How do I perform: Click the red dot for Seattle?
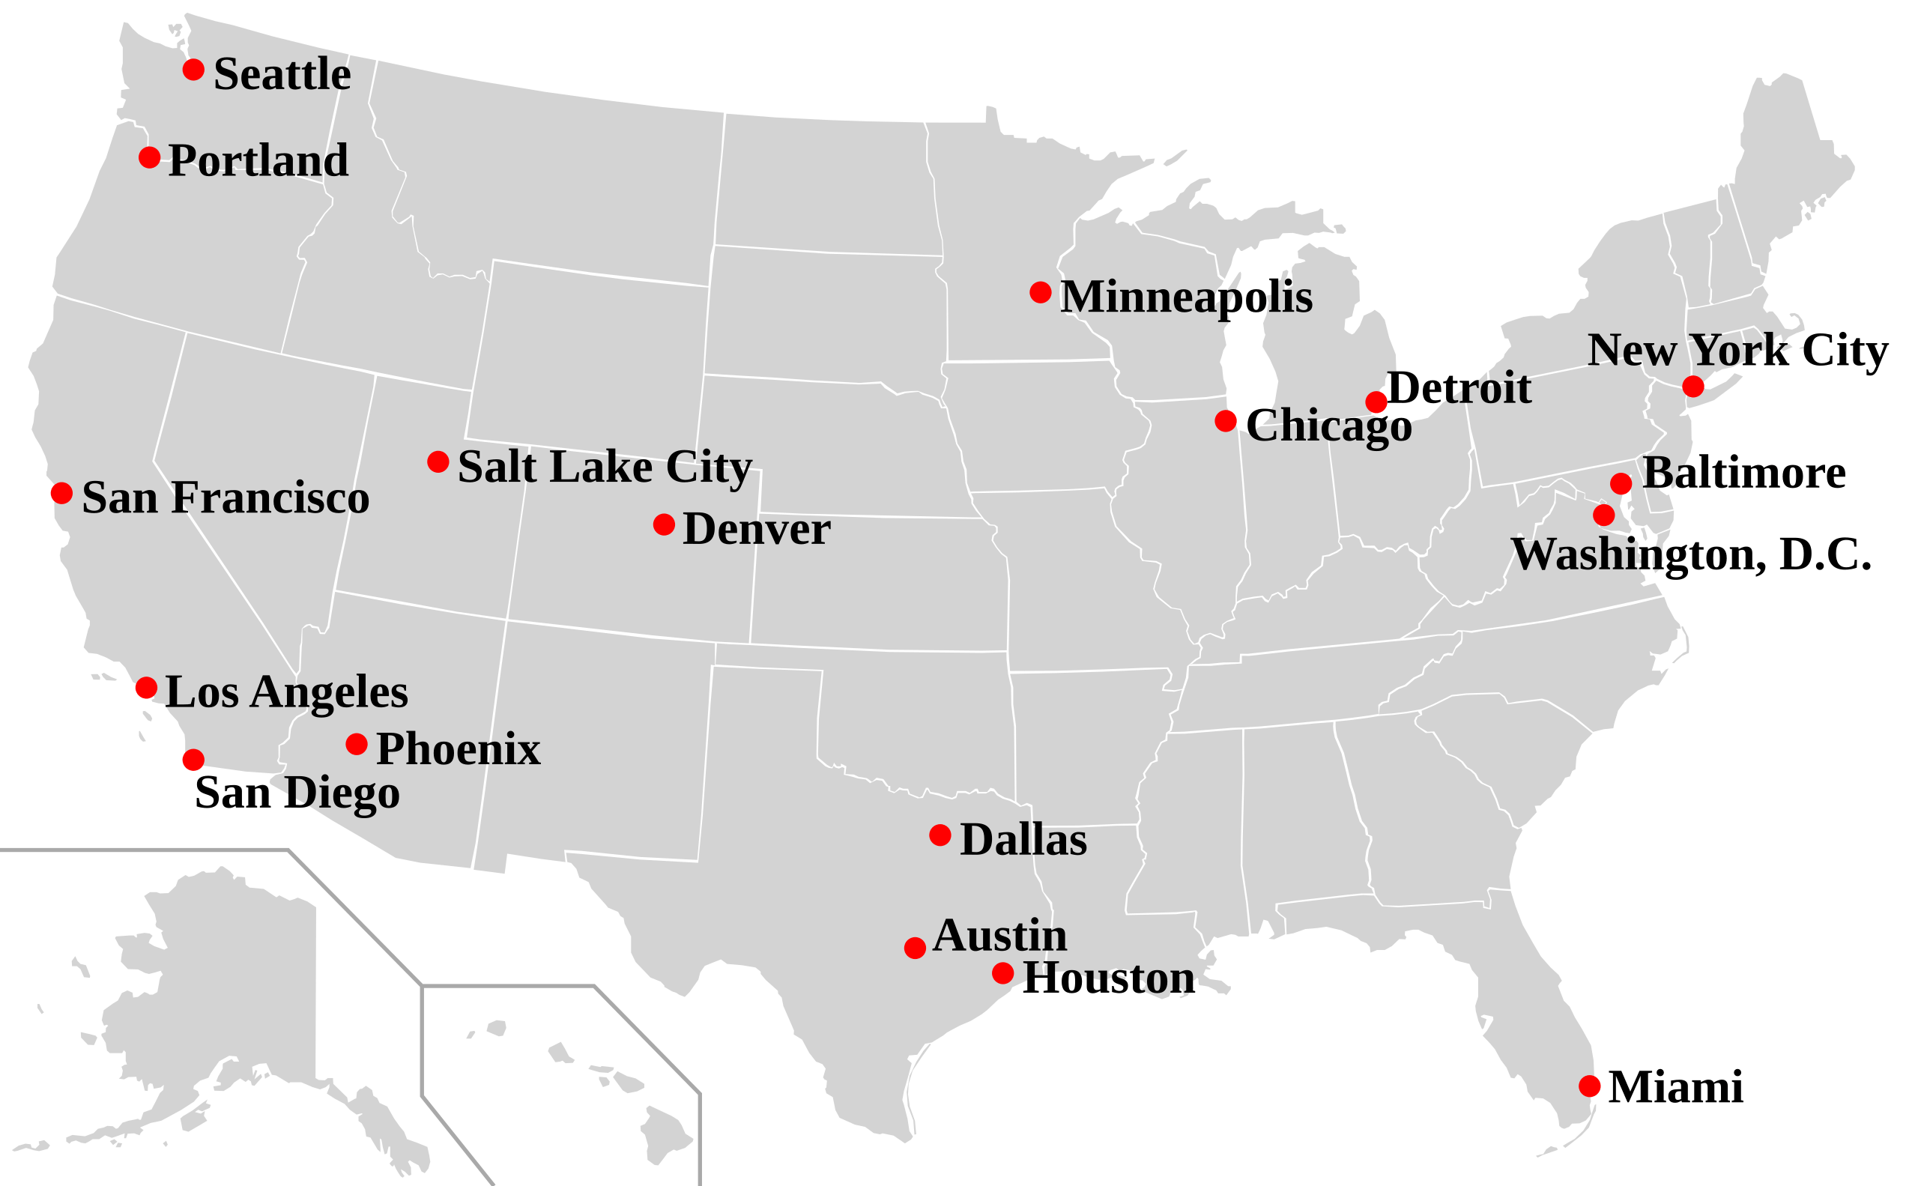[x=193, y=70]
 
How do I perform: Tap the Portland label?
[x=257, y=160]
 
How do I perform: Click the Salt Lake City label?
[x=604, y=468]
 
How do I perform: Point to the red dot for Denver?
[x=664, y=524]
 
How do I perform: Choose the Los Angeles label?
[x=286, y=692]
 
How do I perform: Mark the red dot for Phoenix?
[x=356, y=744]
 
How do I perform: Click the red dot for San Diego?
[x=193, y=759]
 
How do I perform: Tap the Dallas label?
[x=1023, y=840]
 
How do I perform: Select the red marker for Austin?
[x=915, y=948]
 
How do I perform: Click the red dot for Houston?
[x=1002, y=972]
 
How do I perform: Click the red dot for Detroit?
[x=1376, y=402]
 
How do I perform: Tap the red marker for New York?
[x=1693, y=387]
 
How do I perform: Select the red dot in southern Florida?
[x=1589, y=1086]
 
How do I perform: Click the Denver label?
[x=756, y=530]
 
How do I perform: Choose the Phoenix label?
[x=458, y=749]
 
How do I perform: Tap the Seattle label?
[x=282, y=74]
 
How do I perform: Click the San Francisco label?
[x=225, y=498]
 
